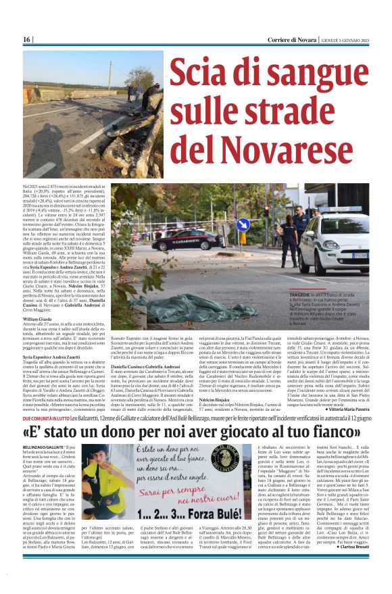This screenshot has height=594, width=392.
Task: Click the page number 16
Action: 28,39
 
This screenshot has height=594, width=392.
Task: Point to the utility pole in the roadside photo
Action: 110,75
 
